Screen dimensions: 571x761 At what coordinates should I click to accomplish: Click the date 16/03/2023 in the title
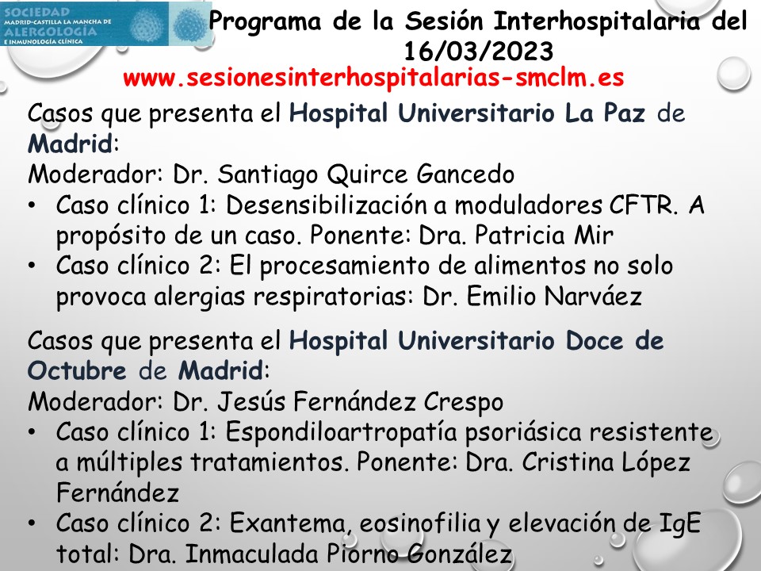(478, 52)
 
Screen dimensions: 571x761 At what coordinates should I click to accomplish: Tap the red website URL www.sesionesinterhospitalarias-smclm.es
(374, 79)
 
